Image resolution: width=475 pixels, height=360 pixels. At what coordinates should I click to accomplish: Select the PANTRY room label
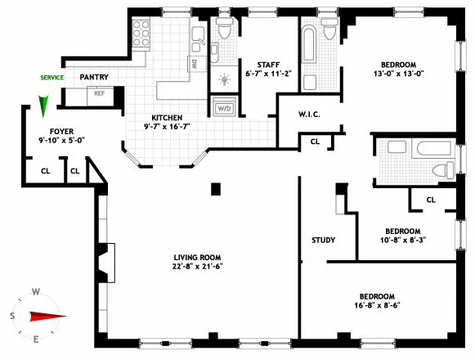click(95, 77)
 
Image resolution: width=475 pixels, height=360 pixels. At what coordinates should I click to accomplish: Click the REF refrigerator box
click(99, 93)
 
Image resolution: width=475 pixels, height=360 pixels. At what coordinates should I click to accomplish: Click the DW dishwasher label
click(195, 63)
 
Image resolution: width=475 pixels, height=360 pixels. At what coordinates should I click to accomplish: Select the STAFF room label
click(268, 64)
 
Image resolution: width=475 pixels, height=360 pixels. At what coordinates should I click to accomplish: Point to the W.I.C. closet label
click(308, 115)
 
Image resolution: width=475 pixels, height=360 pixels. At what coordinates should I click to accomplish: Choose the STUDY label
click(324, 240)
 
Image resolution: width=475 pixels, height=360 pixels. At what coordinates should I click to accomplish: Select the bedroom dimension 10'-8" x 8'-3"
click(403, 241)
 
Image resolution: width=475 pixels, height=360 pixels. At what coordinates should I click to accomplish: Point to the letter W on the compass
click(36, 291)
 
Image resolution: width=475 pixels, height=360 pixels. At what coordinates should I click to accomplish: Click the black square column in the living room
click(216, 189)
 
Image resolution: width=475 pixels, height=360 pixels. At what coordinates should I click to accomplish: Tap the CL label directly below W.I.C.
click(315, 142)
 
